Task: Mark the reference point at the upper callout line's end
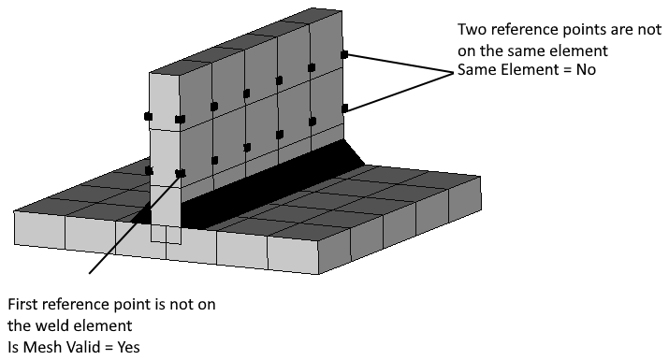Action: pos(345,55)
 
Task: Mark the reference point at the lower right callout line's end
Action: pos(345,108)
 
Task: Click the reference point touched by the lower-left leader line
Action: pos(181,173)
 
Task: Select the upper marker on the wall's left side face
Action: pos(148,117)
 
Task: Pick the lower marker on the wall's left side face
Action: pos(148,170)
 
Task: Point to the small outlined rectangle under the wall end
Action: pos(166,235)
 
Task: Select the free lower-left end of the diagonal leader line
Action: pos(90,274)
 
